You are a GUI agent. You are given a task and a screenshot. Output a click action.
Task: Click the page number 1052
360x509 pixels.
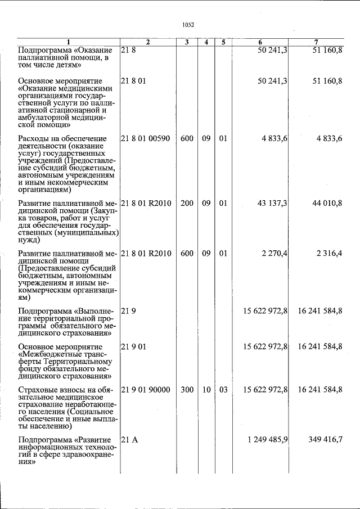click(188, 25)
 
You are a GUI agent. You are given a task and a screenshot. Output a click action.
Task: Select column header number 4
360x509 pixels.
click(206, 42)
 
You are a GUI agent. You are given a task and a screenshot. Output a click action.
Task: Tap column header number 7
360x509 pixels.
click(317, 42)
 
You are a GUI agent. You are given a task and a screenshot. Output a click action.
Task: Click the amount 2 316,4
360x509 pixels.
click(329, 254)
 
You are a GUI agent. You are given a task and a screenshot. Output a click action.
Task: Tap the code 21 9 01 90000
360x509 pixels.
click(145, 389)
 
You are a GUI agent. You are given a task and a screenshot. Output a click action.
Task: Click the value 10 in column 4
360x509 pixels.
click(206, 389)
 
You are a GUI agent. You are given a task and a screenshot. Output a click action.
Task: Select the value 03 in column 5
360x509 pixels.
click(223, 389)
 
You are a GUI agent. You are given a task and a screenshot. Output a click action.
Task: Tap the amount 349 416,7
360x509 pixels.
click(325, 439)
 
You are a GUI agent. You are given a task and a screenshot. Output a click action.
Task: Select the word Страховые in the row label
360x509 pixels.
click(38, 389)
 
